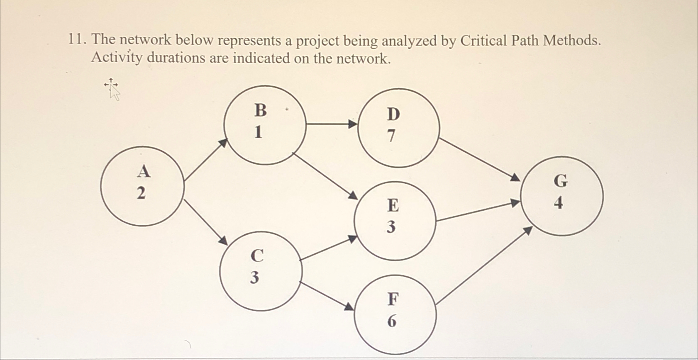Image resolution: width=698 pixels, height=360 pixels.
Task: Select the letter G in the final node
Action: coord(561,181)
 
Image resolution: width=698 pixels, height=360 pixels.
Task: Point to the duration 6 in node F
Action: coord(392,321)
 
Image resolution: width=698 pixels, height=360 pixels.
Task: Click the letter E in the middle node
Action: coord(393,205)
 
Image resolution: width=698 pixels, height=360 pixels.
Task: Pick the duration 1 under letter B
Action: coord(259,132)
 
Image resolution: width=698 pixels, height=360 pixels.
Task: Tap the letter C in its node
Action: coord(257,255)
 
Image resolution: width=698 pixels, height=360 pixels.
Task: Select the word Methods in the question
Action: coord(572,41)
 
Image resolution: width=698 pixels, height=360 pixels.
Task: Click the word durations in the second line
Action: coord(176,58)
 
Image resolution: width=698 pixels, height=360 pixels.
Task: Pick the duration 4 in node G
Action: coord(559,203)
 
